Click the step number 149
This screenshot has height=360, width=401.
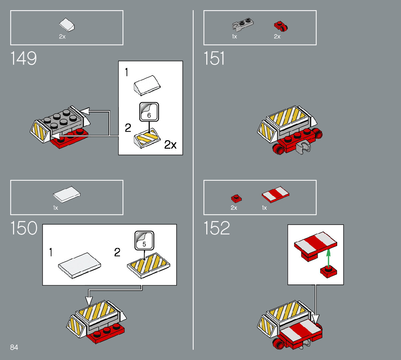pyautogui.click(x=24, y=58)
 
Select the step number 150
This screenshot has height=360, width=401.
pyautogui.click(x=24, y=228)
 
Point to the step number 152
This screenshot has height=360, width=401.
pyautogui.click(x=217, y=228)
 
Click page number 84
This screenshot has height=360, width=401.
pyautogui.click(x=14, y=347)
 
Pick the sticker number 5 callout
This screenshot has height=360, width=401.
pyautogui.click(x=144, y=240)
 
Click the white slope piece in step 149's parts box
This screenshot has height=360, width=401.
pyautogui.click(x=68, y=25)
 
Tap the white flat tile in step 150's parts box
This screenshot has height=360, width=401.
pyautogui.click(x=67, y=194)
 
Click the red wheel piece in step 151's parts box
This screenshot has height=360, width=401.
pyautogui.click(x=281, y=26)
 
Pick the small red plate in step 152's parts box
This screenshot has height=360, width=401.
pyautogui.click(x=236, y=198)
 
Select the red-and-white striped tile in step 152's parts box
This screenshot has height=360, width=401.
pyautogui.click(x=276, y=195)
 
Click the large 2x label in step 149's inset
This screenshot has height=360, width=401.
pyautogui.click(x=170, y=144)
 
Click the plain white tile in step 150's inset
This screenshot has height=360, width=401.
pyautogui.click(x=80, y=265)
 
